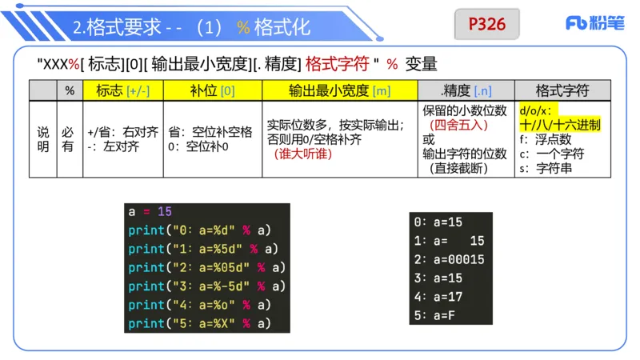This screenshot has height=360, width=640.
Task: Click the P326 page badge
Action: (x=487, y=24)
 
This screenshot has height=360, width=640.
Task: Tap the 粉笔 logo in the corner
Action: (x=595, y=24)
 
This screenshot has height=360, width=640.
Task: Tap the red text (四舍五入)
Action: (x=458, y=125)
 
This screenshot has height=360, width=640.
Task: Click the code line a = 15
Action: (x=150, y=212)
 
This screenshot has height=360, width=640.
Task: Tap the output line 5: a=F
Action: (x=435, y=315)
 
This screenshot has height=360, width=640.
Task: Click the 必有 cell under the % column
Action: (x=70, y=138)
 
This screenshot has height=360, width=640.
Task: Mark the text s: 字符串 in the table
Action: (x=546, y=168)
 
